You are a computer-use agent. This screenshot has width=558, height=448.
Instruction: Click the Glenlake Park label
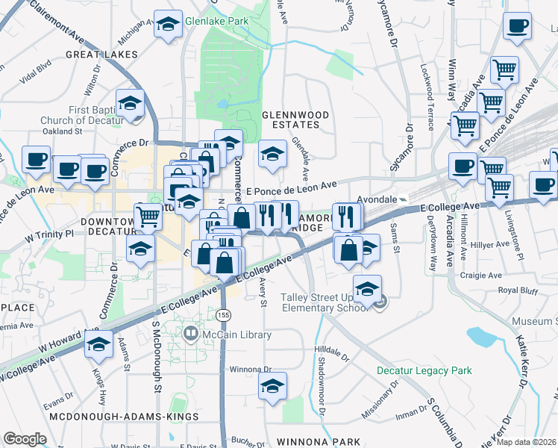pos(216,22)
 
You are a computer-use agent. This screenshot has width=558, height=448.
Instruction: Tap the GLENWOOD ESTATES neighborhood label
pos(295,119)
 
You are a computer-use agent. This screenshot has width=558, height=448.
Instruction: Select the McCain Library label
pos(236,335)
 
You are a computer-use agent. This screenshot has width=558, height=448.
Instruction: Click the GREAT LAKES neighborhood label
pos(102,55)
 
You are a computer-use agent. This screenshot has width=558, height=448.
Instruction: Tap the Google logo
pos(25,439)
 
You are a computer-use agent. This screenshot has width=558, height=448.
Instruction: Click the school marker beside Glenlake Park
pos(169,25)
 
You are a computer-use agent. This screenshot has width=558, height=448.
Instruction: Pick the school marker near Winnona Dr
pos(272,387)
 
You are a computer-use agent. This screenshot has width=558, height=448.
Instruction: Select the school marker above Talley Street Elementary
pos(367,289)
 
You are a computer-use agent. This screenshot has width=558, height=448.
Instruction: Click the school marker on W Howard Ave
pos(98,346)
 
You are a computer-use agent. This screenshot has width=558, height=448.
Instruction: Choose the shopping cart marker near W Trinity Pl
pos(148,217)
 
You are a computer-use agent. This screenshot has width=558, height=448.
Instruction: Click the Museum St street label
pos(534,321)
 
